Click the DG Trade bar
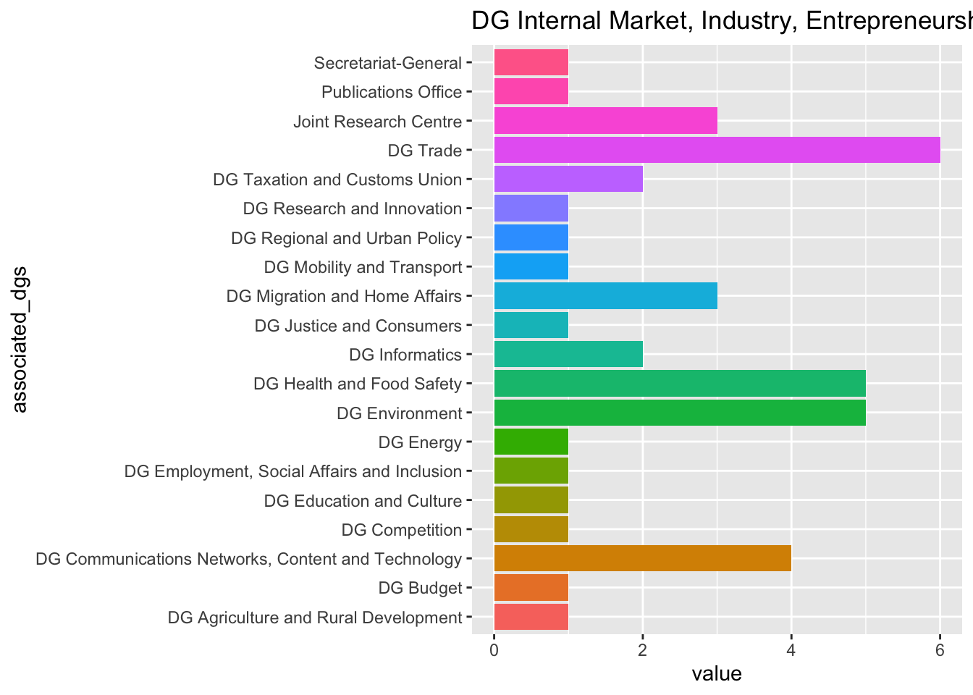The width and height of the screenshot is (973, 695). point(717,151)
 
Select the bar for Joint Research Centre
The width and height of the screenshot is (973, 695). point(605,121)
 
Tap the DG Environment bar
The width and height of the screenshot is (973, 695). point(679,413)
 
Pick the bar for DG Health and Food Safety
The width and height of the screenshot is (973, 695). point(679,384)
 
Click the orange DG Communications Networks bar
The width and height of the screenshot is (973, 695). point(642,559)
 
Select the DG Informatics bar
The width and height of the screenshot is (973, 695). point(568,355)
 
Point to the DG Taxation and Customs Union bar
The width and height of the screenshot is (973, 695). point(568,180)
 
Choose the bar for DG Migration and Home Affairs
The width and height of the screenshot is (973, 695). point(605,296)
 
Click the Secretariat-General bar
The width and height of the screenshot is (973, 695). point(531,63)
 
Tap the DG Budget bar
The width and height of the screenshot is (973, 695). point(531,588)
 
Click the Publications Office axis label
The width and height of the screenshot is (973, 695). point(391,92)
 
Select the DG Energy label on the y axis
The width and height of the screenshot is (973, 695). point(420,442)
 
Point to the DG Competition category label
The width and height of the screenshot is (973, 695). point(401,530)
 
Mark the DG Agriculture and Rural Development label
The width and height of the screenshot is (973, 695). point(314,618)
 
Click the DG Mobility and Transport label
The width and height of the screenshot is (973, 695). point(363,267)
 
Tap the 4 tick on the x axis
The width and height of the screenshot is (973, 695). point(791,650)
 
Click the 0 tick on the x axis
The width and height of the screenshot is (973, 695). point(494,650)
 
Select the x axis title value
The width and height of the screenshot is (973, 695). point(717,675)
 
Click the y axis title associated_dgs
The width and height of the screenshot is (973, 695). point(20,339)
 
